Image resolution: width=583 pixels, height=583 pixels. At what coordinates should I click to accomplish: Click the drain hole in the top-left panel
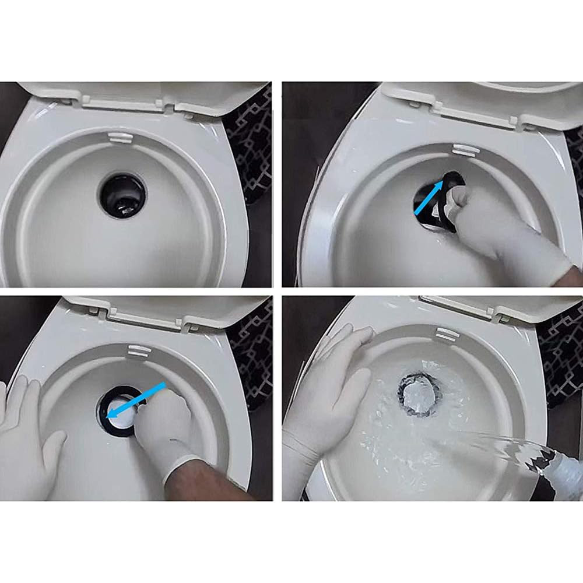[x=122, y=195]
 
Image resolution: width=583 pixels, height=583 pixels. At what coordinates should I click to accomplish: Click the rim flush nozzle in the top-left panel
[x=120, y=138]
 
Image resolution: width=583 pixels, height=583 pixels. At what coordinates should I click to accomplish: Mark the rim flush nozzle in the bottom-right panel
[x=447, y=334]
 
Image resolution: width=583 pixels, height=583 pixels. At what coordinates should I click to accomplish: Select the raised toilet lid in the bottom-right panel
[x=501, y=306]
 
